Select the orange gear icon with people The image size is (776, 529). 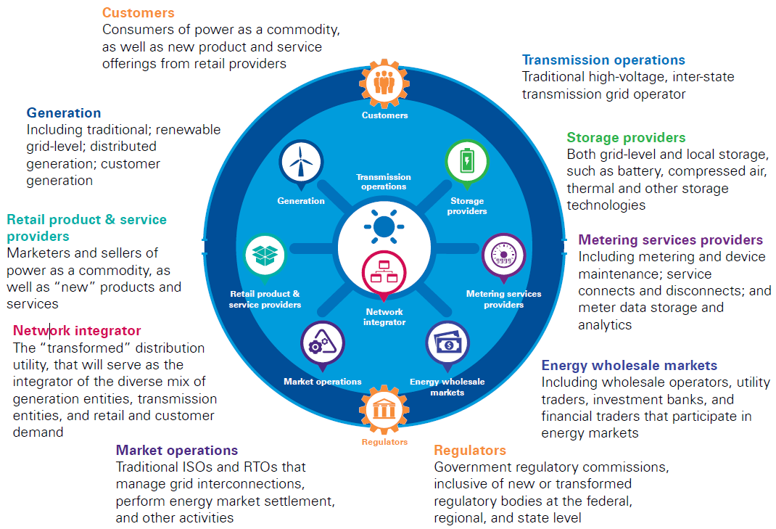pos(384,83)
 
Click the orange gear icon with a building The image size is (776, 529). pos(384,411)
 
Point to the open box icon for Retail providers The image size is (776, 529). pos(265,254)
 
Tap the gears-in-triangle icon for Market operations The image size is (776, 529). pos(322,343)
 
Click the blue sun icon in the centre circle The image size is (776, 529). pos(384,226)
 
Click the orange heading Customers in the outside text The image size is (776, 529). pos(138,12)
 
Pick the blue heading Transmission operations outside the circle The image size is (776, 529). pos(603,60)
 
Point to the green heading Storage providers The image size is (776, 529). pos(626,137)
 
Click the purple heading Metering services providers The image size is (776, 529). pos(670,239)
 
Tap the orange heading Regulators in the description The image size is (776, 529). pos(470,450)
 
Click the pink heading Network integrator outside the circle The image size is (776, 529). pos(77,331)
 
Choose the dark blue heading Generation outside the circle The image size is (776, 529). pos(64,112)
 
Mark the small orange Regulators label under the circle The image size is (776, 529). pos(384,441)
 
